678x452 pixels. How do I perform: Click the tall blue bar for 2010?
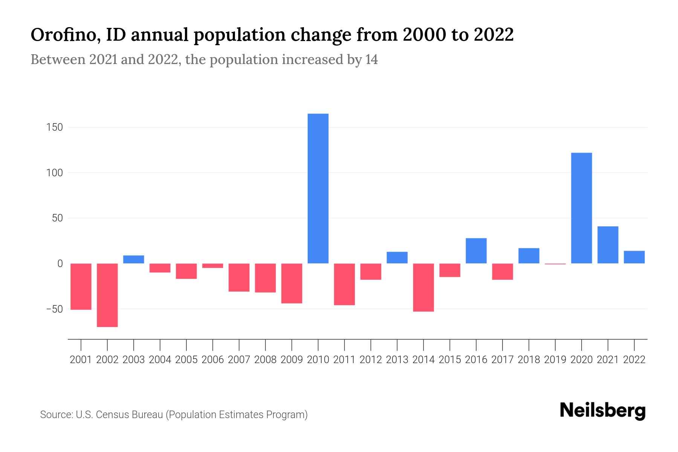tap(318, 188)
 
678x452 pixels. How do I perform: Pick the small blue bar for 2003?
tap(134, 260)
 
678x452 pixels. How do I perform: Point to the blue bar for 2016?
tap(476, 251)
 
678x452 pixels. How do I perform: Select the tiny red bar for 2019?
tap(555, 264)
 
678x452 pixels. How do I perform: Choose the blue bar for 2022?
tap(634, 257)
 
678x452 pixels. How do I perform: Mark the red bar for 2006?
tap(213, 266)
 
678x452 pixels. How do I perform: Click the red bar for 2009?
tap(292, 283)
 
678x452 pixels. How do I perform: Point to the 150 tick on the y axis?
tap(55, 127)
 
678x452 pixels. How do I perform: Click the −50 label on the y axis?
tap(54, 309)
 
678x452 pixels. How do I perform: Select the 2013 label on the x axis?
tap(397, 360)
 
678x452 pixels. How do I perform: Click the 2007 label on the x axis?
tap(239, 360)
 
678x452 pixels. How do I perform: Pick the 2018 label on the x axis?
tap(529, 360)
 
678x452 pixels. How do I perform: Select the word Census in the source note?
tap(111, 415)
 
